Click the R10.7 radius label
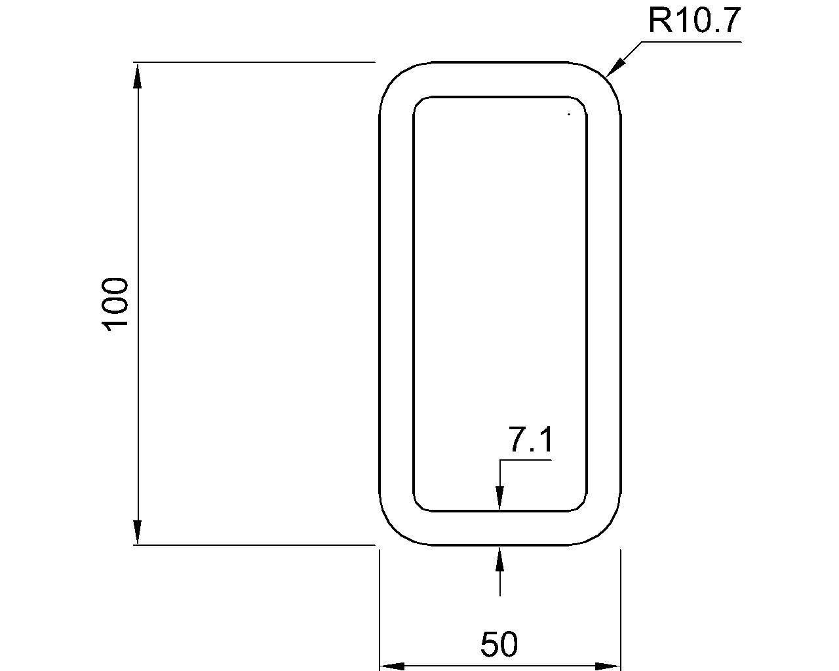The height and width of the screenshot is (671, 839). pos(694,21)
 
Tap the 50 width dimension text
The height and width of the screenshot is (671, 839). pos(499,644)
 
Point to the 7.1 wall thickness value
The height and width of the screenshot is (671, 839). pos(531,440)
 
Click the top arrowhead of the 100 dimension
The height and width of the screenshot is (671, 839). pos(137,74)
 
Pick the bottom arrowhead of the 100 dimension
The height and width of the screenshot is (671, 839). pos(137,532)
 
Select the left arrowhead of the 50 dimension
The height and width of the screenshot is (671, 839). pos(392,666)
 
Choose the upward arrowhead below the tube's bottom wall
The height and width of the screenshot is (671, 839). pos(500,558)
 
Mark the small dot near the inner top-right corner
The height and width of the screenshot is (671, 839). pos(569,115)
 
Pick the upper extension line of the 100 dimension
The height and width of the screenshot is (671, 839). pos(256,62)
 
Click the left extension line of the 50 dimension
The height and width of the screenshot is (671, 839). pos(380,609)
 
